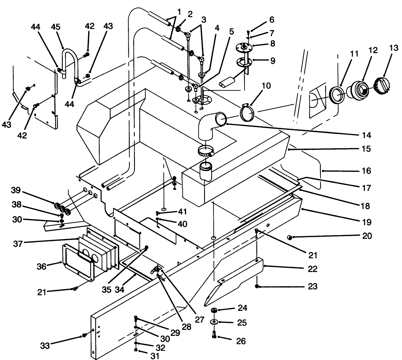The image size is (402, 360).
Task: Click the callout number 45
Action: coord(56,27)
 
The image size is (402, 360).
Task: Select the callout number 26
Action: coord(241,341)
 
